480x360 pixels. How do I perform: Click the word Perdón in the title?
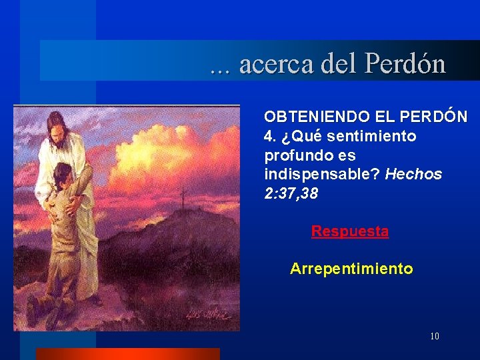click(405, 64)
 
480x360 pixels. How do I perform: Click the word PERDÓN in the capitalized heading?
click(434, 117)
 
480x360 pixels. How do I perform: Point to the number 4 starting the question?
click(269, 136)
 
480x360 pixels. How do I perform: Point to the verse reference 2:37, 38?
click(291, 194)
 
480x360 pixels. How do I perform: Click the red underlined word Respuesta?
click(349, 231)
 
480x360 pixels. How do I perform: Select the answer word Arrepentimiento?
click(351, 269)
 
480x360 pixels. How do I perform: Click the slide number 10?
click(435, 336)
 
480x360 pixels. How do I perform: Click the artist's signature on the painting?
click(212, 314)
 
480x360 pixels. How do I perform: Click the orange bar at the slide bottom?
click(127, 354)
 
